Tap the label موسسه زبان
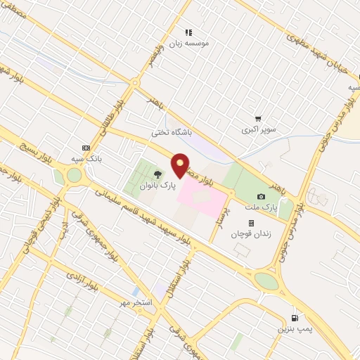(x=199, y=43)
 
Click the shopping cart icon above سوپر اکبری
(x=258, y=120)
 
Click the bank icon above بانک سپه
(x=86, y=148)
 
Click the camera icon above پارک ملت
(x=262, y=196)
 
